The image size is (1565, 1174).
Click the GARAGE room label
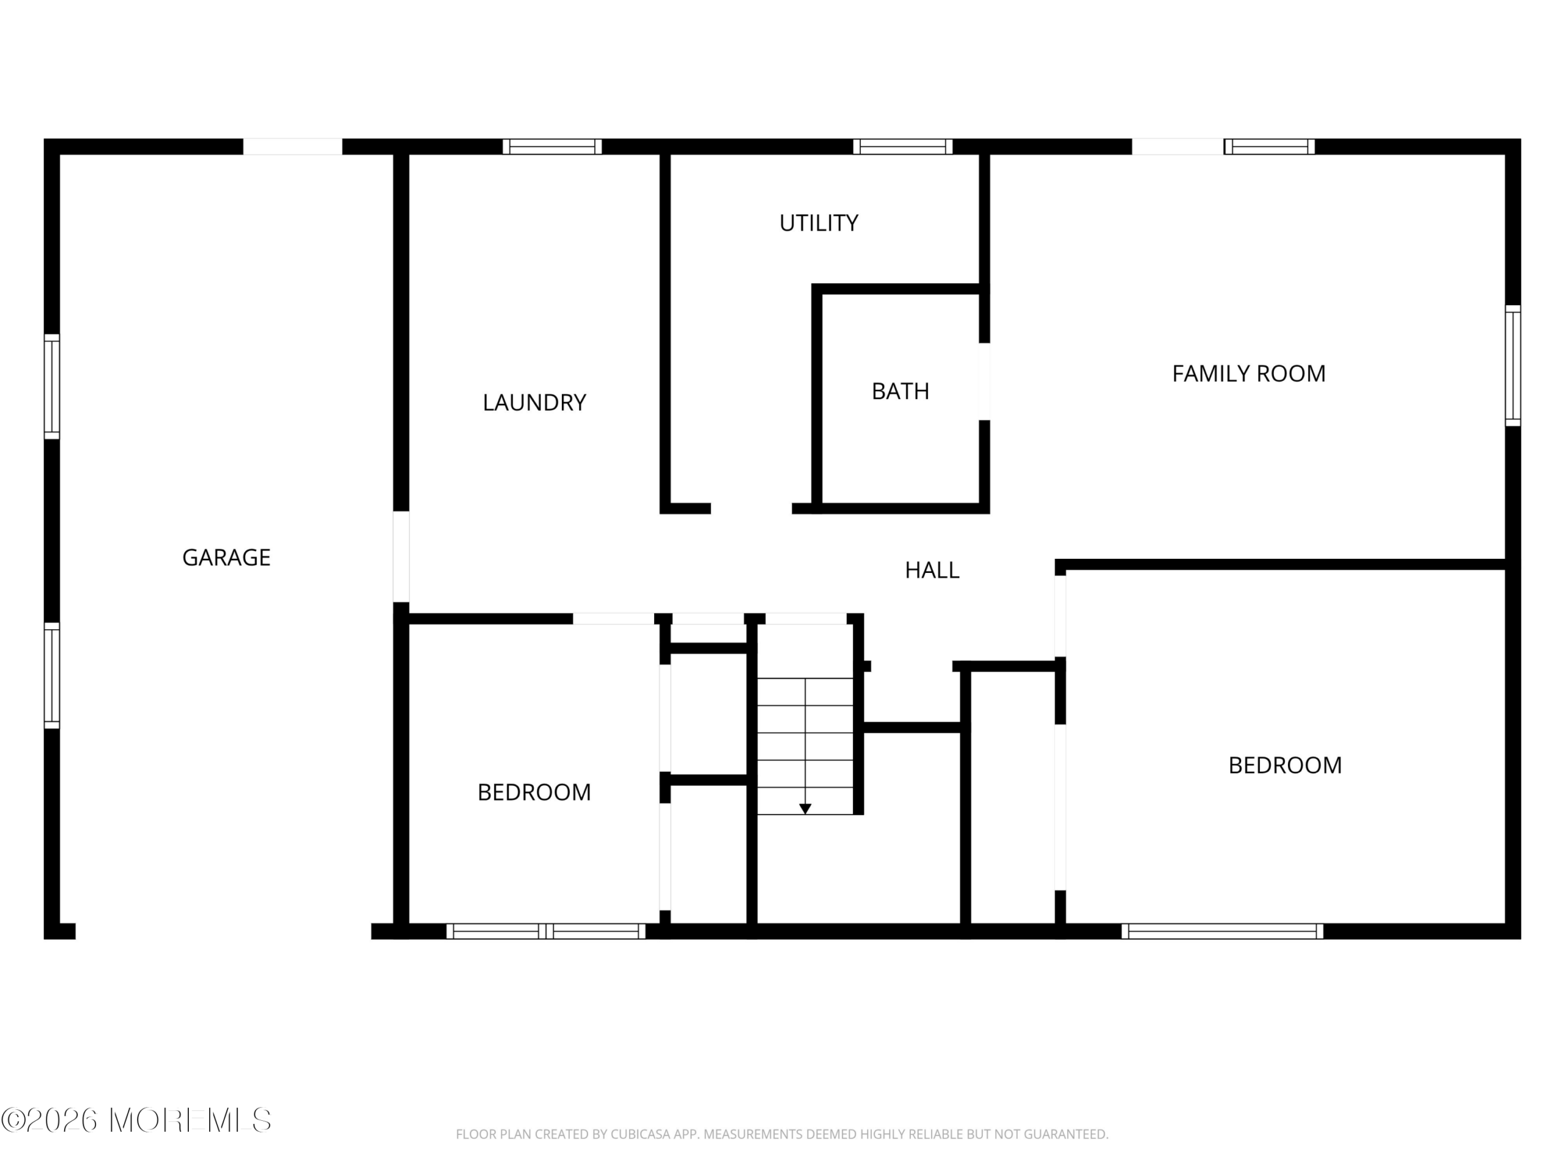click(x=226, y=558)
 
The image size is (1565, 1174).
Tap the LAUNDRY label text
click(x=534, y=403)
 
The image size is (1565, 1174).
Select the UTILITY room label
click(x=819, y=223)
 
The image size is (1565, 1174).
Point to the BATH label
click(x=900, y=391)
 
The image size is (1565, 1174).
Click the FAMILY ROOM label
click(x=1249, y=374)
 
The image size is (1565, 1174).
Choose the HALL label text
click(x=932, y=570)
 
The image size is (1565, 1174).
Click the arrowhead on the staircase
click(x=805, y=808)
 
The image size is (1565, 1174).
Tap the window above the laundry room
click(x=552, y=147)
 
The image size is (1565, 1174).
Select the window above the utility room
click(x=903, y=147)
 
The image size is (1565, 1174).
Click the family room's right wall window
click(x=1512, y=365)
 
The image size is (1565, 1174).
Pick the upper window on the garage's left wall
click(x=51, y=386)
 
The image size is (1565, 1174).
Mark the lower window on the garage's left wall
click(x=51, y=676)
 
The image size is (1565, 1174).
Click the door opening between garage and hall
click(x=401, y=556)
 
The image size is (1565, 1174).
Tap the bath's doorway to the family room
click(x=984, y=382)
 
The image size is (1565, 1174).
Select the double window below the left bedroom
click(x=545, y=931)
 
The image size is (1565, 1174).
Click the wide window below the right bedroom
click(x=1222, y=931)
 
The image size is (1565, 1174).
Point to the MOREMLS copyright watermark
click(x=136, y=1120)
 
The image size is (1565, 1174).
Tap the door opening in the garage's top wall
click(x=293, y=147)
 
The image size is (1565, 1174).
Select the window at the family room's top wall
click(x=1269, y=147)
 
